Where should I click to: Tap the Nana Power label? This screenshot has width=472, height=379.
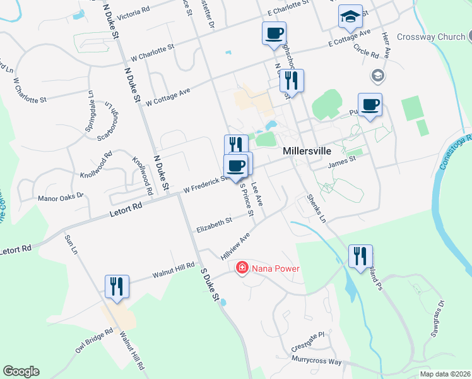(x=275, y=268)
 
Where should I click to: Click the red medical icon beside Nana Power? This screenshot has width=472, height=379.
(x=241, y=268)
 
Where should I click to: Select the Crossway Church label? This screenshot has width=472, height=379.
(x=431, y=37)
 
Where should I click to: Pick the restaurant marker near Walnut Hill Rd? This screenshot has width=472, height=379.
(x=117, y=286)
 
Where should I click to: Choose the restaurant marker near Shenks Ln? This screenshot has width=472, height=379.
(x=360, y=256)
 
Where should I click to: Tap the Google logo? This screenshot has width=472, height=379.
(x=20, y=371)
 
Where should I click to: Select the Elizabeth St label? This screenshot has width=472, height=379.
(x=214, y=223)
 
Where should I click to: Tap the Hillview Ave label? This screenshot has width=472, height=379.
(x=235, y=246)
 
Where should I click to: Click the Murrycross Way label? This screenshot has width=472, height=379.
(x=316, y=361)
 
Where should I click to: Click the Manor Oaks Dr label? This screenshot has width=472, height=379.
(x=61, y=197)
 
